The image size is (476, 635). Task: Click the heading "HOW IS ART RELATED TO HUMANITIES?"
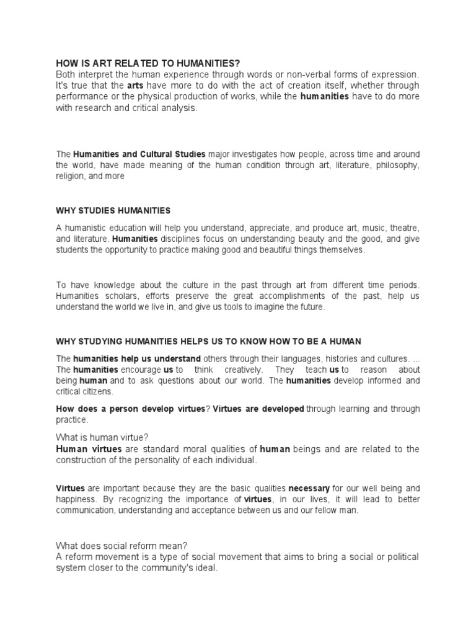pos(148,63)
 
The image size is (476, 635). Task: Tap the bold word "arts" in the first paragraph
pos(135,85)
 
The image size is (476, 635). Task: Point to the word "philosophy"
pos(397,165)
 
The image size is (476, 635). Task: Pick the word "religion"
pos(71,176)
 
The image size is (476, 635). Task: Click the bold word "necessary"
pos(309,487)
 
